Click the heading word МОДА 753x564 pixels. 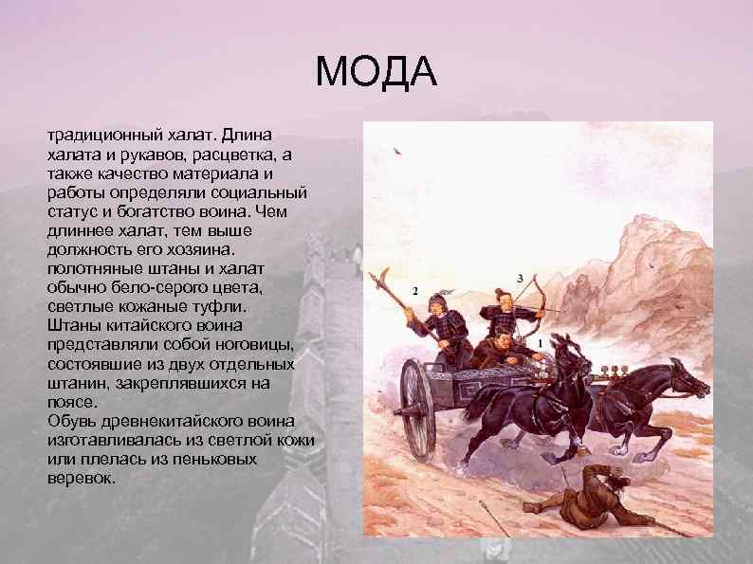click(376, 73)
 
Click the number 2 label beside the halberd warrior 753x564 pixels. click(414, 290)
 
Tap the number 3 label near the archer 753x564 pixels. click(520, 277)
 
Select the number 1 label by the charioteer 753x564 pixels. click(540, 341)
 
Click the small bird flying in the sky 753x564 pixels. click(395, 150)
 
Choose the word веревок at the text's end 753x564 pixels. click(81, 479)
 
